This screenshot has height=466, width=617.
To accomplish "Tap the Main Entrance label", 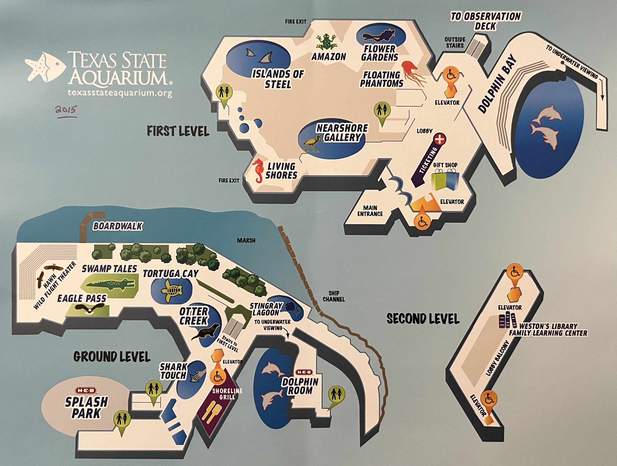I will click(x=370, y=211).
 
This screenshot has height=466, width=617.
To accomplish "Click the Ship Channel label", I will click(x=334, y=296).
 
